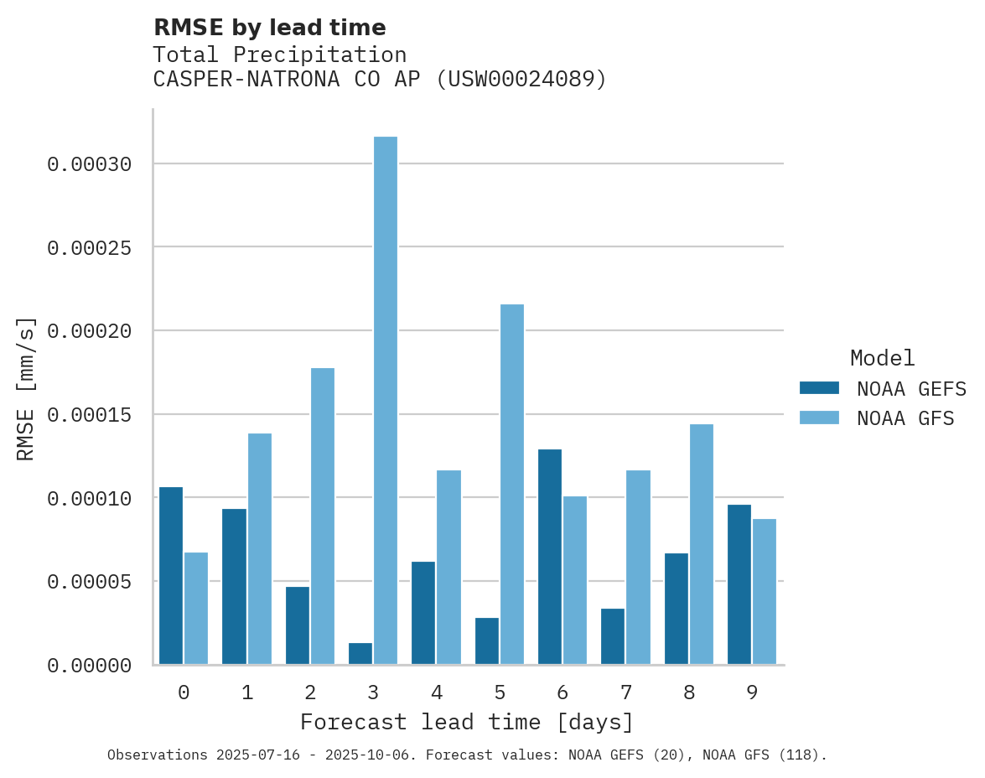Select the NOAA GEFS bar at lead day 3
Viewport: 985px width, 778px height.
[360, 654]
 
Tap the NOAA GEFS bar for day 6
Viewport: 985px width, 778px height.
[550, 557]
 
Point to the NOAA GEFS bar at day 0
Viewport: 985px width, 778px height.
[171, 576]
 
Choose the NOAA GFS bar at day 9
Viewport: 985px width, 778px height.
[765, 592]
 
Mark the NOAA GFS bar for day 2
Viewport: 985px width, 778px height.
[323, 516]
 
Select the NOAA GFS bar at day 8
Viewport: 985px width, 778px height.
[701, 544]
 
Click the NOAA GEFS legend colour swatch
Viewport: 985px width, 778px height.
[819, 387]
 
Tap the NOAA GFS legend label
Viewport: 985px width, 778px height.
[905, 418]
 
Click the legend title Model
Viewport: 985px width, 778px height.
[882, 359]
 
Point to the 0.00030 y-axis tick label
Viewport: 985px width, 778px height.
[90, 164]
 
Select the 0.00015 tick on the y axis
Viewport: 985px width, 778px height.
[90, 415]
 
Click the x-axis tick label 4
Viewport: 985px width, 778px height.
[437, 693]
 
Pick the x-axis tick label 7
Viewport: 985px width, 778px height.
[625, 693]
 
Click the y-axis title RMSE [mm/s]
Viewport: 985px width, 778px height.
[26, 388]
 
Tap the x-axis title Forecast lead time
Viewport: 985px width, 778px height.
[467, 722]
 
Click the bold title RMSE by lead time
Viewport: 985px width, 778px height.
[269, 28]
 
